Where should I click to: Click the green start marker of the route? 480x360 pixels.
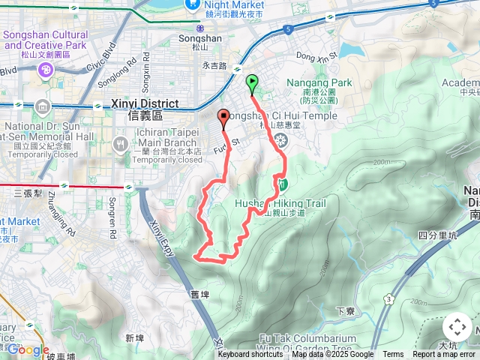point(251,82)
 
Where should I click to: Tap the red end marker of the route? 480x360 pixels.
point(223,117)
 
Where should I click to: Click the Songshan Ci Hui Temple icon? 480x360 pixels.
point(281,140)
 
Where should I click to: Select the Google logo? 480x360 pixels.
point(28,349)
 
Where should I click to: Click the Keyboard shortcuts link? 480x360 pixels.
point(250,355)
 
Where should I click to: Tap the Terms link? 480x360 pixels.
point(393,355)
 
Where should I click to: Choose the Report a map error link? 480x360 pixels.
point(444,355)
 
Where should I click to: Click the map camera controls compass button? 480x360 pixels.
point(457,327)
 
